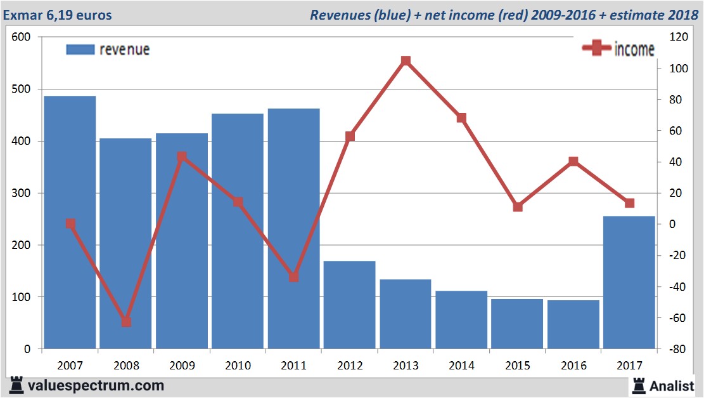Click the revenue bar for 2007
click(70, 222)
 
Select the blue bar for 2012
click(350, 305)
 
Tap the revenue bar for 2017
click(629, 282)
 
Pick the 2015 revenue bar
click(517, 324)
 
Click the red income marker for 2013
click(406, 61)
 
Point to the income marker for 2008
click(126, 322)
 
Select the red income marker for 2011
click(293, 277)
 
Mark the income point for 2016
click(573, 161)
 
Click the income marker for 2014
click(461, 118)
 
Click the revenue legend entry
click(108, 50)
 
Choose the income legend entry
click(618, 49)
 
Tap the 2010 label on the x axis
click(238, 366)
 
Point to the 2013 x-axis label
click(406, 366)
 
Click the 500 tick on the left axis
click(21, 90)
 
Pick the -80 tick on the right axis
click(678, 349)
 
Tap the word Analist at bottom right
click(672, 385)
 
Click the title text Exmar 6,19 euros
click(58, 15)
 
